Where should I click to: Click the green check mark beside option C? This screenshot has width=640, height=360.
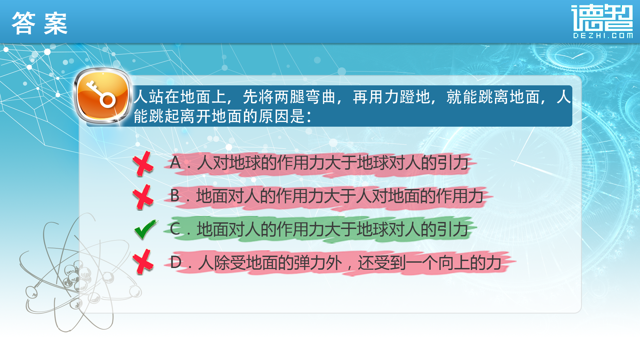(145, 229)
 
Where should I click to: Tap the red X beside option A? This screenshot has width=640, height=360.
(143, 163)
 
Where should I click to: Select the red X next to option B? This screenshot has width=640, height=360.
(143, 197)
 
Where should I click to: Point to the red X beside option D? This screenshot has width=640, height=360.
(143, 262)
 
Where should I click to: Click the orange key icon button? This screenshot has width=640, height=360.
(103, 96)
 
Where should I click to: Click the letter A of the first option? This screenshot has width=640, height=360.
(175, 163)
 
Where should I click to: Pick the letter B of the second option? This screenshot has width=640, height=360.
(175, 196)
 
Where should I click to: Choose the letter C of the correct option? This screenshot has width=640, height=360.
(175, 229)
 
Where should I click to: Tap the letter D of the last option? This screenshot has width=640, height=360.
(176, 262)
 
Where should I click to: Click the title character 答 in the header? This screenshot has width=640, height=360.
(24, 23)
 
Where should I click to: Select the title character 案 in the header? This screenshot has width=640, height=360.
(56, 23)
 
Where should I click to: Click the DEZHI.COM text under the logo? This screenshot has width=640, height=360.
(603, 36)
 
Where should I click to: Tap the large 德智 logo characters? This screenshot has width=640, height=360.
(602, 17)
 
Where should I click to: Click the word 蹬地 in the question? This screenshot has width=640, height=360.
(415, 97)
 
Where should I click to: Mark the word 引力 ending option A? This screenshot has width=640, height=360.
(453, 163)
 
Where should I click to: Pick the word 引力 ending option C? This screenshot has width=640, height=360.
(453, 229)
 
